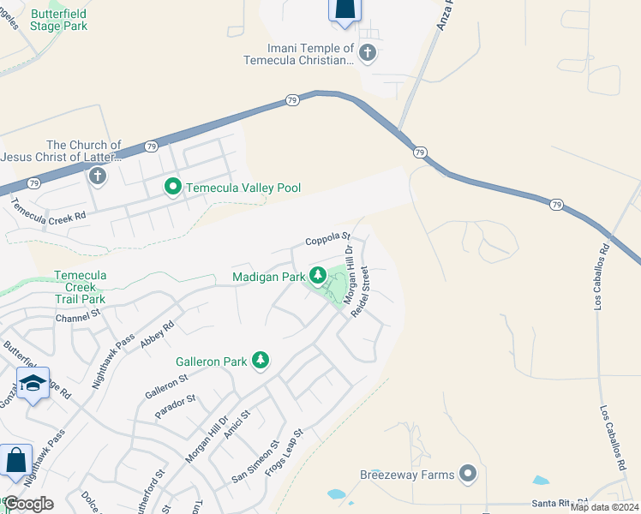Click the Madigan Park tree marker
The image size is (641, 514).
(318, 276)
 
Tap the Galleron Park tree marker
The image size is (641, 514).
(260, 362)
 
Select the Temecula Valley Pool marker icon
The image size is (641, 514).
(172, 186)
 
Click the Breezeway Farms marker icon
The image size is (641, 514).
(468, 473)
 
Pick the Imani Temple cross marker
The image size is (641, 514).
(368, 53)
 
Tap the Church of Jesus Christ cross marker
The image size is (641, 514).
(97, 176)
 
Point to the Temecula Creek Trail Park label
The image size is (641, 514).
(80, 287)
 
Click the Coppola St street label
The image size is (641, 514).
(329, 237)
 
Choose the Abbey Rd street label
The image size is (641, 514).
(158, 332)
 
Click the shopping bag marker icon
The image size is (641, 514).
(15, 460)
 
